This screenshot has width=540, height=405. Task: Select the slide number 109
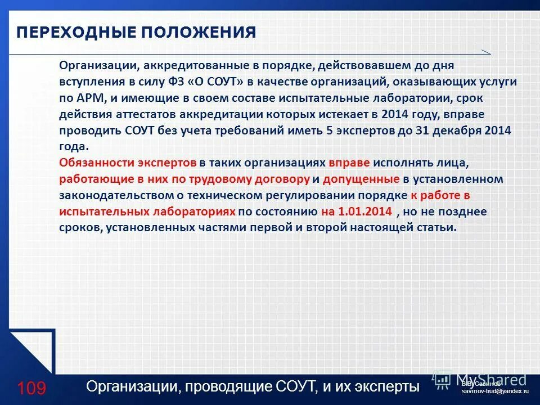[x=31, y=388]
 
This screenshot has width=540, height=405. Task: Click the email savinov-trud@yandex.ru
[x=495, y=390]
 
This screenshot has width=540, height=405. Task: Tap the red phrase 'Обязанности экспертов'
[x=127, y=163]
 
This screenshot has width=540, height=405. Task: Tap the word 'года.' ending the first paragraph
[x=74, y=147]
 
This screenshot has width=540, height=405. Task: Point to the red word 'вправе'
[x=349, y=163]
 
